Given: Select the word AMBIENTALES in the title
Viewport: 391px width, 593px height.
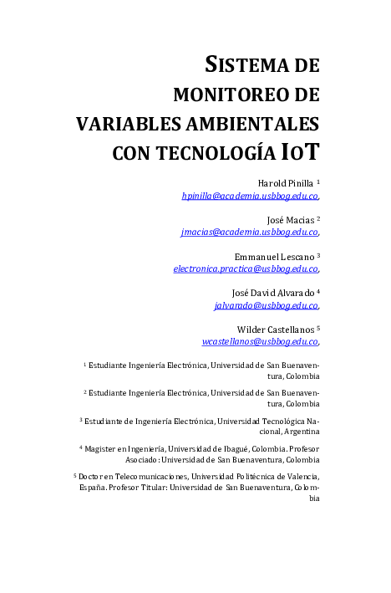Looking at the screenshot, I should tap(251, 124).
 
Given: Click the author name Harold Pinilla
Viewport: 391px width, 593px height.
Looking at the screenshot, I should tap(285, 182).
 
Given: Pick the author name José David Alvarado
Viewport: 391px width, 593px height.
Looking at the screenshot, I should tap(272, 292).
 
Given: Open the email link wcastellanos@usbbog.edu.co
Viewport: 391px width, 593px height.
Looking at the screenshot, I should tap(260, 341).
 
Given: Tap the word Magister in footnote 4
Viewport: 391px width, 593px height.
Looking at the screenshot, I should tap(104, 448).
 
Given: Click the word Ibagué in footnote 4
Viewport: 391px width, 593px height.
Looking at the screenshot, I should tap(241, 448).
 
